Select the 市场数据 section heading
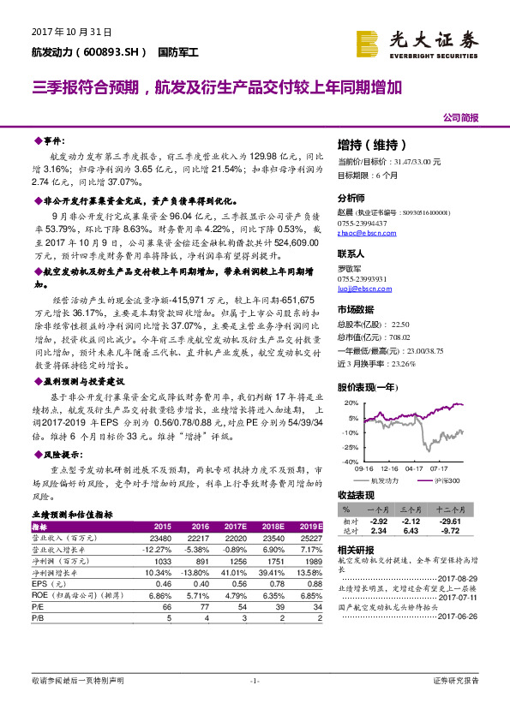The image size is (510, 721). [x=356, y=309]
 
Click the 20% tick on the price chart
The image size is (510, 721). [x=350, y=402]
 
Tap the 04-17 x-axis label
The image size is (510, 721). [x=414, y=469]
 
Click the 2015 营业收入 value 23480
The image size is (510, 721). [x=163, y=537]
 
